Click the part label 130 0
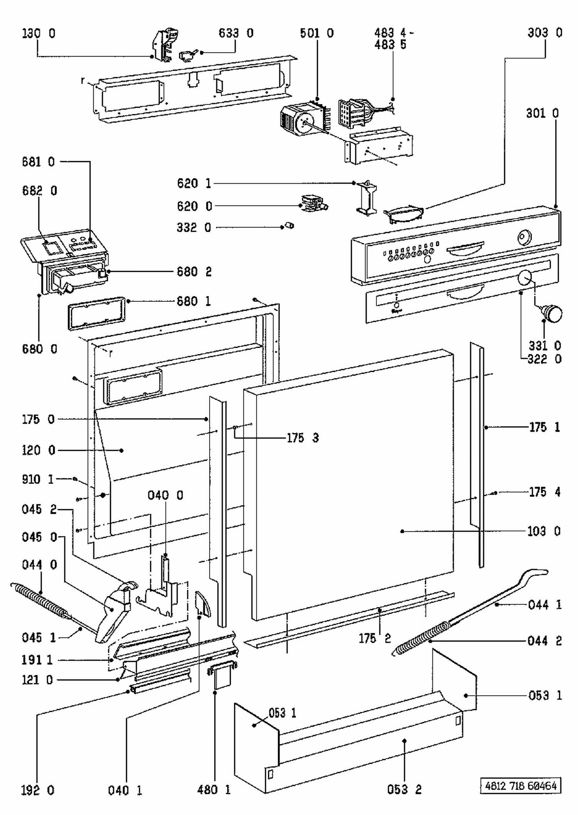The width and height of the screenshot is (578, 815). [x=39, y=33]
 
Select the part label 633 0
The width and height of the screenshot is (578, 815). [x=236, y=33]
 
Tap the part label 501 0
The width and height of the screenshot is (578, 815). [x=317, y=33]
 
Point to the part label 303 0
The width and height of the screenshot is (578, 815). [x=545, y=33]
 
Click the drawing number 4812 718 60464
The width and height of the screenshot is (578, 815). [x=521, y=785]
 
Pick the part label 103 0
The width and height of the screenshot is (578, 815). [x=544, y=531]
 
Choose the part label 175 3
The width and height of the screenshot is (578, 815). [x=303, y=438]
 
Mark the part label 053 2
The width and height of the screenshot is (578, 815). [x=404, y=790]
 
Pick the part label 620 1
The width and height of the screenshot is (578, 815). [x=194, y=183]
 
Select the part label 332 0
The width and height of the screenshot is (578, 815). [x=194, y=228]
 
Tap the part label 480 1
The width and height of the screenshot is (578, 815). [x=214, y=790]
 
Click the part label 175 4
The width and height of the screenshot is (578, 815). [x=544, y=492]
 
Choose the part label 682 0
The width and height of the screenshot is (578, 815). [x=39, y=191]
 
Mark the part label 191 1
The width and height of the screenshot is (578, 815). [x=37, y=660]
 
